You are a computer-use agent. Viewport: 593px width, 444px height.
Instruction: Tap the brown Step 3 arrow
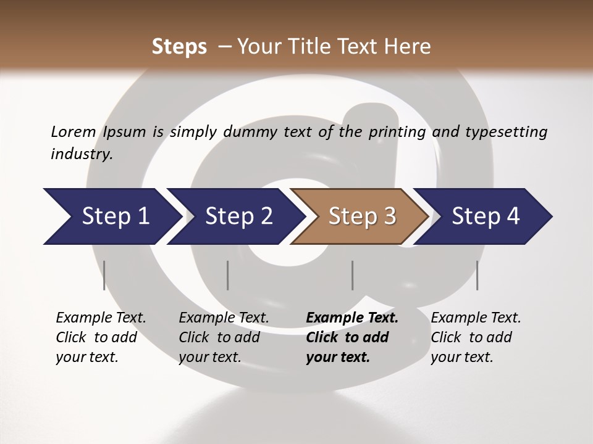361,216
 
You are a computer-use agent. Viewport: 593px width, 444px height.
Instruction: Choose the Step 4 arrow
485,216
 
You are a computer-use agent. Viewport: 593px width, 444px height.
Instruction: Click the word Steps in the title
179,47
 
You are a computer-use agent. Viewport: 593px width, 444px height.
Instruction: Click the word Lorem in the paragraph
73,131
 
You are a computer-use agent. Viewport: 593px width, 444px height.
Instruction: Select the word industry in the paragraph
81,154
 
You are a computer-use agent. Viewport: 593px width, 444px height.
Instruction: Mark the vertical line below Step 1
104,275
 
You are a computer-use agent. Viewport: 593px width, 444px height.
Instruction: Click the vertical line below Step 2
228,275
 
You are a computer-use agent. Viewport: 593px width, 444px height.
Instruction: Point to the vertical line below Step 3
352,275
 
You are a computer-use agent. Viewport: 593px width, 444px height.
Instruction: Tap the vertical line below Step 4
477,275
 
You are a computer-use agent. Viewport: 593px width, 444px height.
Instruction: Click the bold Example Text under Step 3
352,318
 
